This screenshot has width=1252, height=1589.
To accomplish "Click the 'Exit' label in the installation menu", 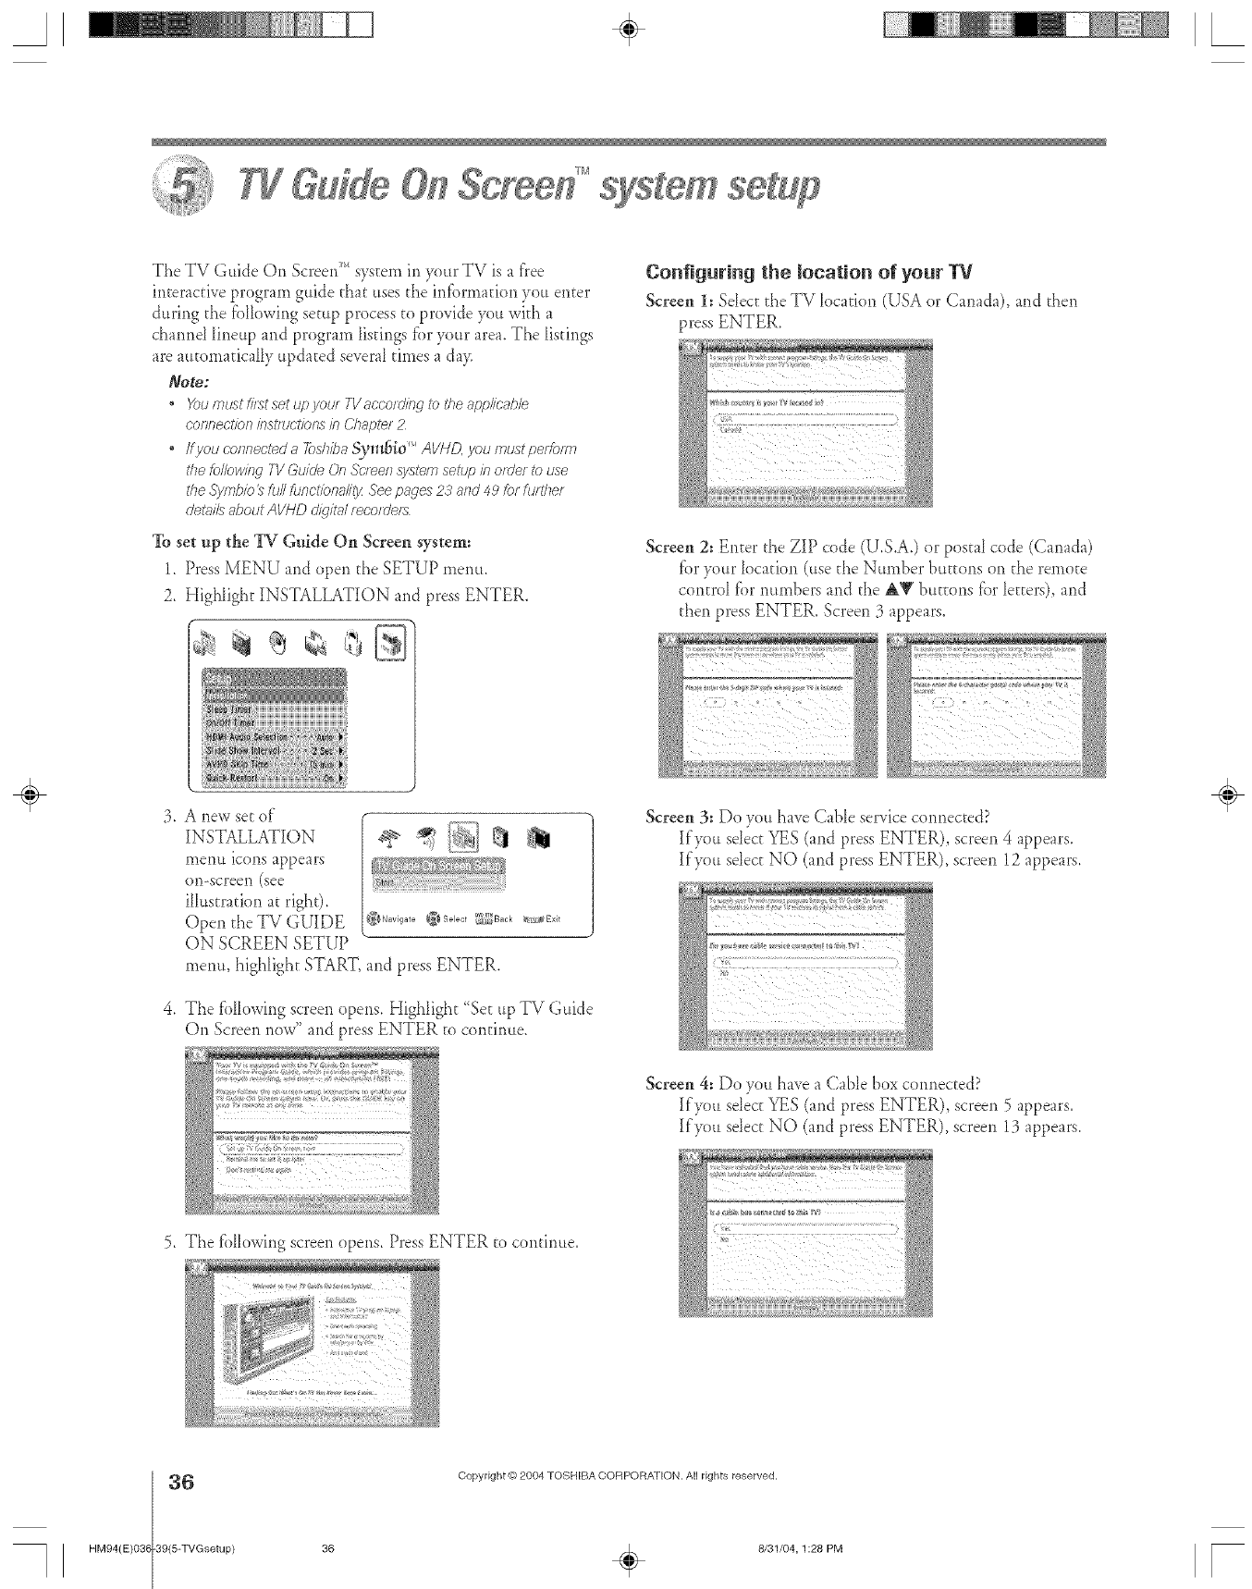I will (x=553, y=918).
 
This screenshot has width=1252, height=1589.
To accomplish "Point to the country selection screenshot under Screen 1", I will (x=804, y=424).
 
